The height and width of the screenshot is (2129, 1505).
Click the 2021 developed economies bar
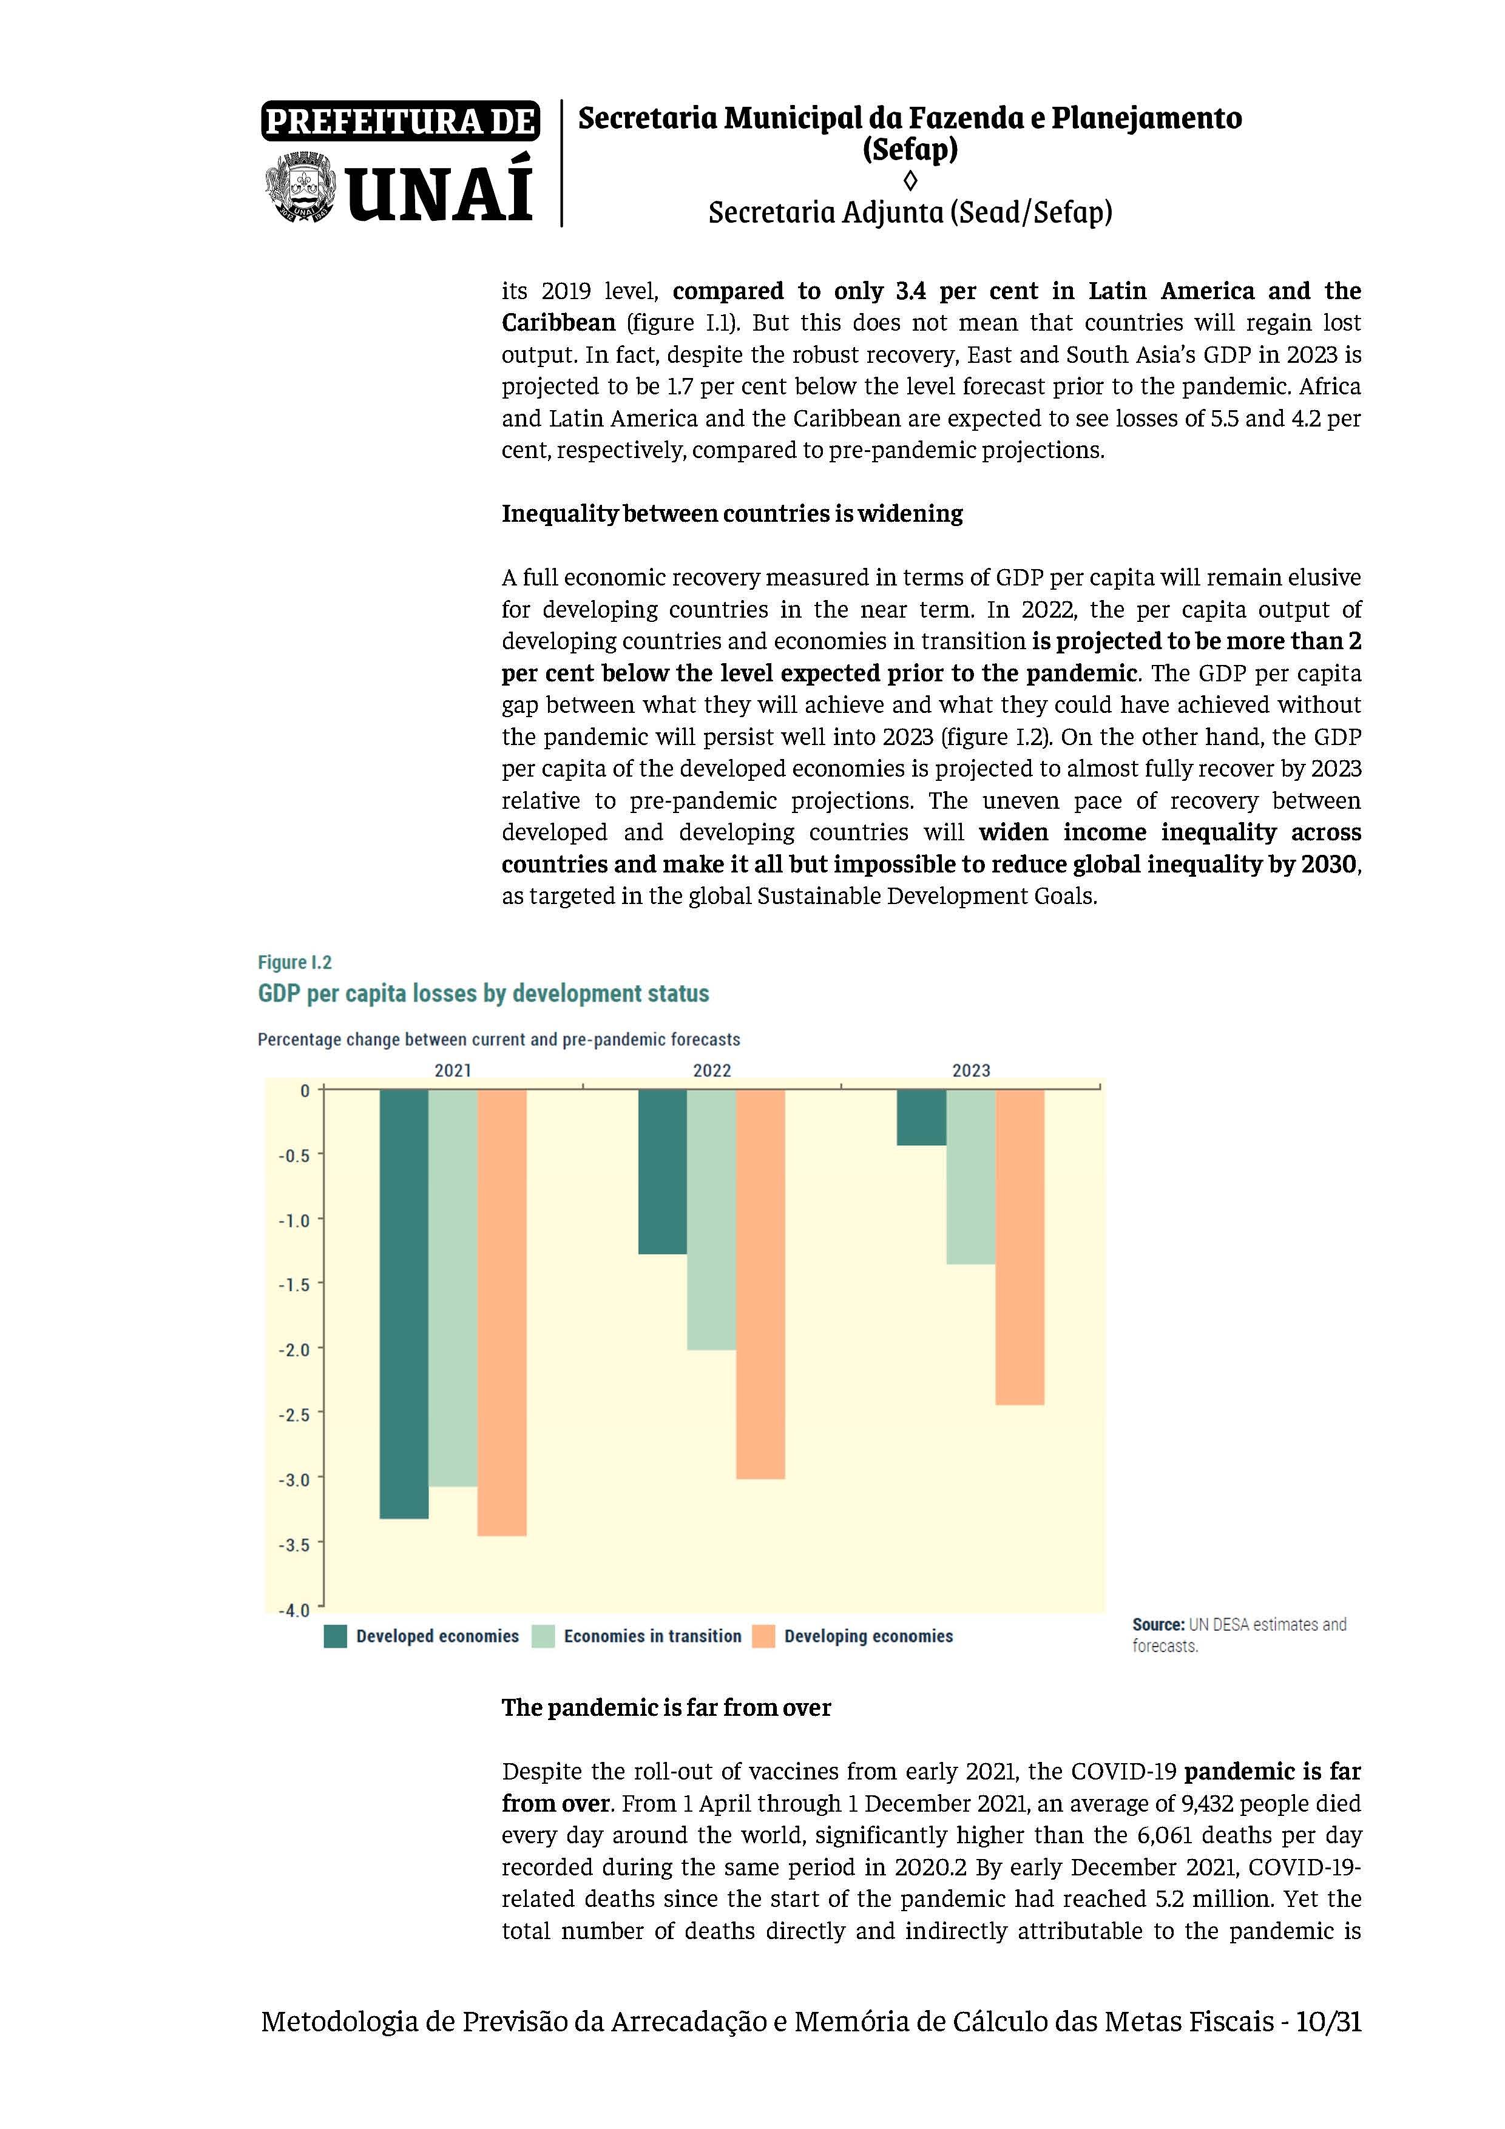tap(404, 1303)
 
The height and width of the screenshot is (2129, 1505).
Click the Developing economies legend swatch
tap(763, 1636)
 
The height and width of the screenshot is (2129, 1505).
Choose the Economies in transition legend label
tap(652, 1636)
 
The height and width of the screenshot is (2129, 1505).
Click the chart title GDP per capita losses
tap(483, 993)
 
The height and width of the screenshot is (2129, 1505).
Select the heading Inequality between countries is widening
tap(732, 514)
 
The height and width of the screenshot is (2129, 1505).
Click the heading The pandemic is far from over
tap(666, 1707)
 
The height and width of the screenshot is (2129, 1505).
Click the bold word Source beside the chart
tap(1157, 1625)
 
